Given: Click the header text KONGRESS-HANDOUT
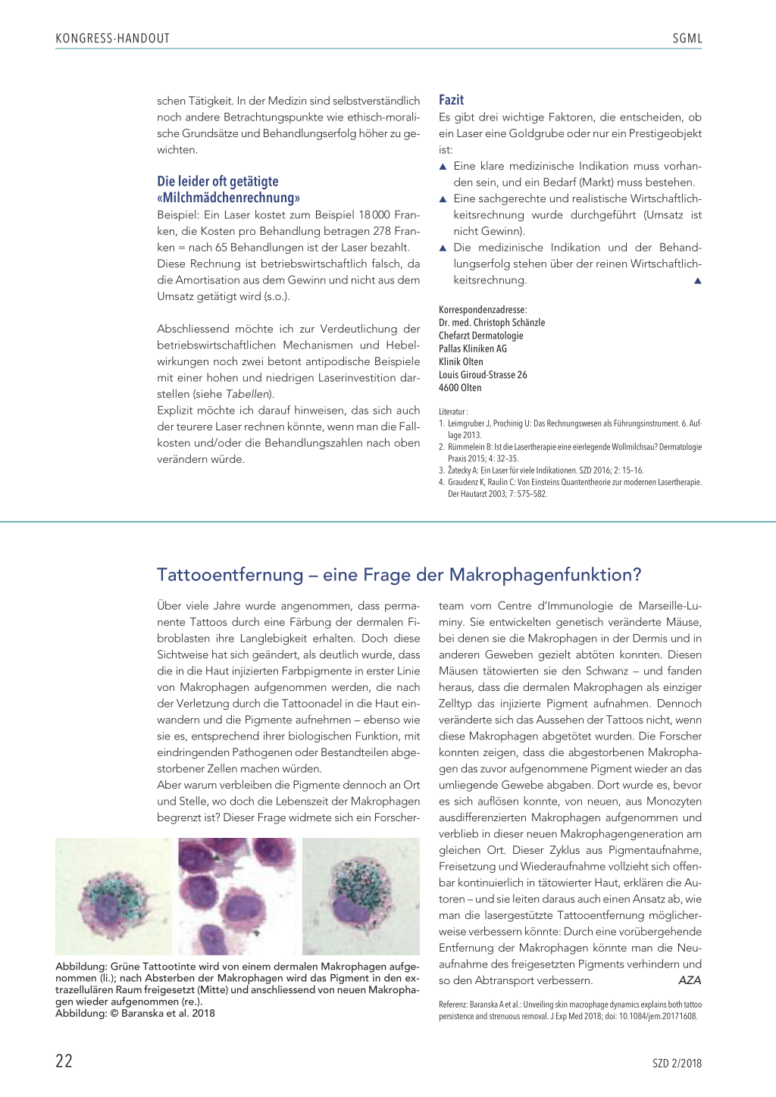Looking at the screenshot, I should pyautogui.click(x=112, y=39).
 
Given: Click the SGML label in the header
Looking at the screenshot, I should pyautogui.click(x=687, y=39).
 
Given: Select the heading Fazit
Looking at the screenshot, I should pyautogui.click(x=451, y=100).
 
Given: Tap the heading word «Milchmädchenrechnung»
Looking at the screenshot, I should pyautogui.click(x=228, y=198).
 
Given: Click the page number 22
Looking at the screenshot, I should pyautogui.click(x=64, y=1061).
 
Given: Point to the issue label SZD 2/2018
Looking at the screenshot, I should pyautogui.click(x=677, y=1063).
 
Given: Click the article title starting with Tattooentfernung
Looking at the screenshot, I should pyautogui.click(x=399, y=575).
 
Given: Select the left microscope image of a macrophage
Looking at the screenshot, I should pyautogui.click(x=114, y=896).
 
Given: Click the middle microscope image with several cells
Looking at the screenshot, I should pyautogui.click(x=237, y=896).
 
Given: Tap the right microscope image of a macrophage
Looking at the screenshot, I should pyautogui.click(x=361, y=896).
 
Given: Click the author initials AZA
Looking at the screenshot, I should pyautogui.click(x=690, y=980).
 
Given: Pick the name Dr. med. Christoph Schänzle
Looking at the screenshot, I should pyautogui.click(x=492, y=323).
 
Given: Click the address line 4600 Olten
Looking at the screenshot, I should pyautogui.click(x=460, y=388).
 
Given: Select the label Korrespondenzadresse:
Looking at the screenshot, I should pyautogui.click(x=483, y=310).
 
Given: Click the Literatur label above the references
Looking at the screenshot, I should pyautogui.click(x=453, y=412).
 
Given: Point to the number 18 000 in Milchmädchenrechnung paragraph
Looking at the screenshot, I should pyautogui.click(x=374, y=215).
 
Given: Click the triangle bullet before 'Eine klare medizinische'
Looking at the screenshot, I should pyautogui.click(x=443, y=167).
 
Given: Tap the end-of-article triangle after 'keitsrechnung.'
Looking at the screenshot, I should pyautogui.click(x=698, y=281).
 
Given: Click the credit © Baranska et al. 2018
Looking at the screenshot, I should pyautogui.click(x=167, y=1013).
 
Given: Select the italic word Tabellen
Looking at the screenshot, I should pyautogui.click(x=248, y=394).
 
